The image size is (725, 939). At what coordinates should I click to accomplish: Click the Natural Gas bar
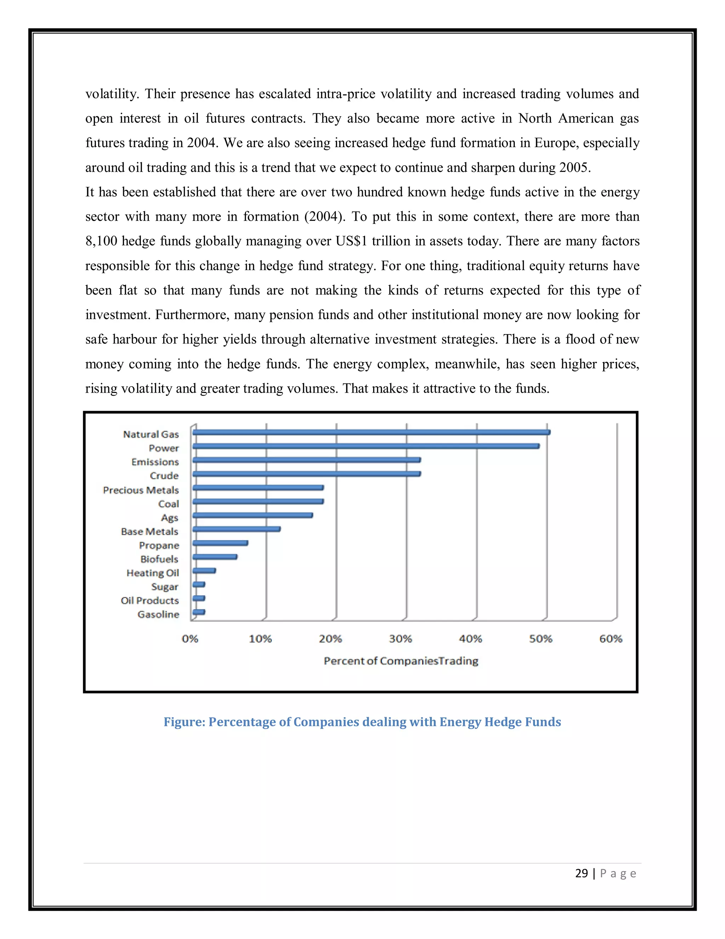click(x=371, y=432)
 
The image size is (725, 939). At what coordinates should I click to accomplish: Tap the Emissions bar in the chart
click(x=306, y=460)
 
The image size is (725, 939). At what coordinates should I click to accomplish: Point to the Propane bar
click(x=220, y=543)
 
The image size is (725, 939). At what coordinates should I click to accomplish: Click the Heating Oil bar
click(x=204, y=570)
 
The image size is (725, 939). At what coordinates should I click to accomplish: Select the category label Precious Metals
click(x=141, y=490)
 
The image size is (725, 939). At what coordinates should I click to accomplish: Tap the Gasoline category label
click(x=158, y=614)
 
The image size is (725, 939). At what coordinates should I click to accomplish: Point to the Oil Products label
click(x=149, y=601)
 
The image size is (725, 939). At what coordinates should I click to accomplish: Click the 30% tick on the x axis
click(x=400, y=639)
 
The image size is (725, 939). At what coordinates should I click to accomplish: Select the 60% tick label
click(x=610, y=639)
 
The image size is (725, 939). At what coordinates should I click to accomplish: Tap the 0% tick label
click(x=190, y=639)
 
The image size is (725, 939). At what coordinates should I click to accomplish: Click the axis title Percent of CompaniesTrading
click(x=401, y=661)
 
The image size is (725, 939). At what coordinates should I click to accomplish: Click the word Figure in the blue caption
click(x=184, y=722)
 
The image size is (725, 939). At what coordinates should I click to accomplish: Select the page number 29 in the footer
click(x=581, y=873)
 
